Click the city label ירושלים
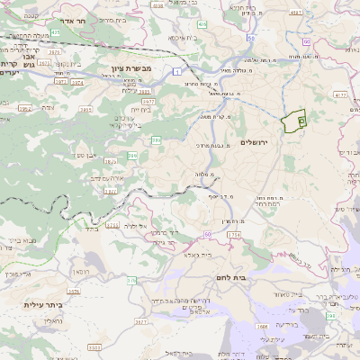tap(256, 143)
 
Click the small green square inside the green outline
tap(301, 121)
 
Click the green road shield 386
tap(157, 139)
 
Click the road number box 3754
tap(234, 235)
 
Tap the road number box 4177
tap(340, 94)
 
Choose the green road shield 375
tap(131, 281)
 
